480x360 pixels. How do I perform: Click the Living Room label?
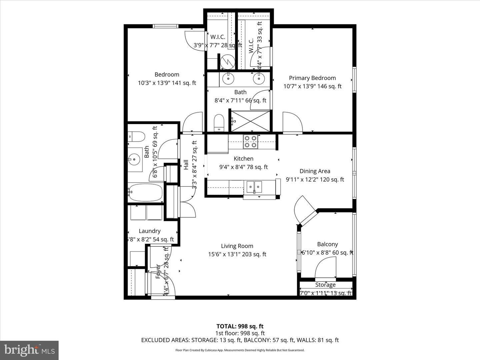pyautogui.click(x=237, y=246)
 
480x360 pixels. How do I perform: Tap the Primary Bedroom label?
pyautogui.click(x=312, y=78)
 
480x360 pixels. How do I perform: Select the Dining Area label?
pyautogui.click(x=315, y=171)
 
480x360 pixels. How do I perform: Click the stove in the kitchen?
pyautogui.click(x=250, y=141)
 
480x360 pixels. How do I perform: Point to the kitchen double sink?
pyautogui.click(x=254, y=187)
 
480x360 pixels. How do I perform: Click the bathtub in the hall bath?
pyautogui.click(x=145, y=192)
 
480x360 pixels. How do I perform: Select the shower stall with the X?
pyautogui.click(x=251, y=121)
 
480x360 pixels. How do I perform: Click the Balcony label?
pyautogui.click(x=327, y=244)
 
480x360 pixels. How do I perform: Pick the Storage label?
pyautogui.click(x=325, y=285)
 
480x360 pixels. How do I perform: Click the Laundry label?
pyautogui.click(x=149, y=231)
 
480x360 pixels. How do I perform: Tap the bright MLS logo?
pyautogui.click(x=29, y=350)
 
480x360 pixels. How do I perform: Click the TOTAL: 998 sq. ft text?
pyautogui.click(x=240, y=326)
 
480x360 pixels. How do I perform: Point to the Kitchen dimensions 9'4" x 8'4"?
pyautogui.click(x=243, y=167)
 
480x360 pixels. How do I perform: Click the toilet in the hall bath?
pyautogui.click(x=136, y=137)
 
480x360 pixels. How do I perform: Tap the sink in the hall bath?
pyautogui.click(x=135, y=160)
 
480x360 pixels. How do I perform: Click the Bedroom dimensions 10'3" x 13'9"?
pyautogui.click(x=167, y=83)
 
